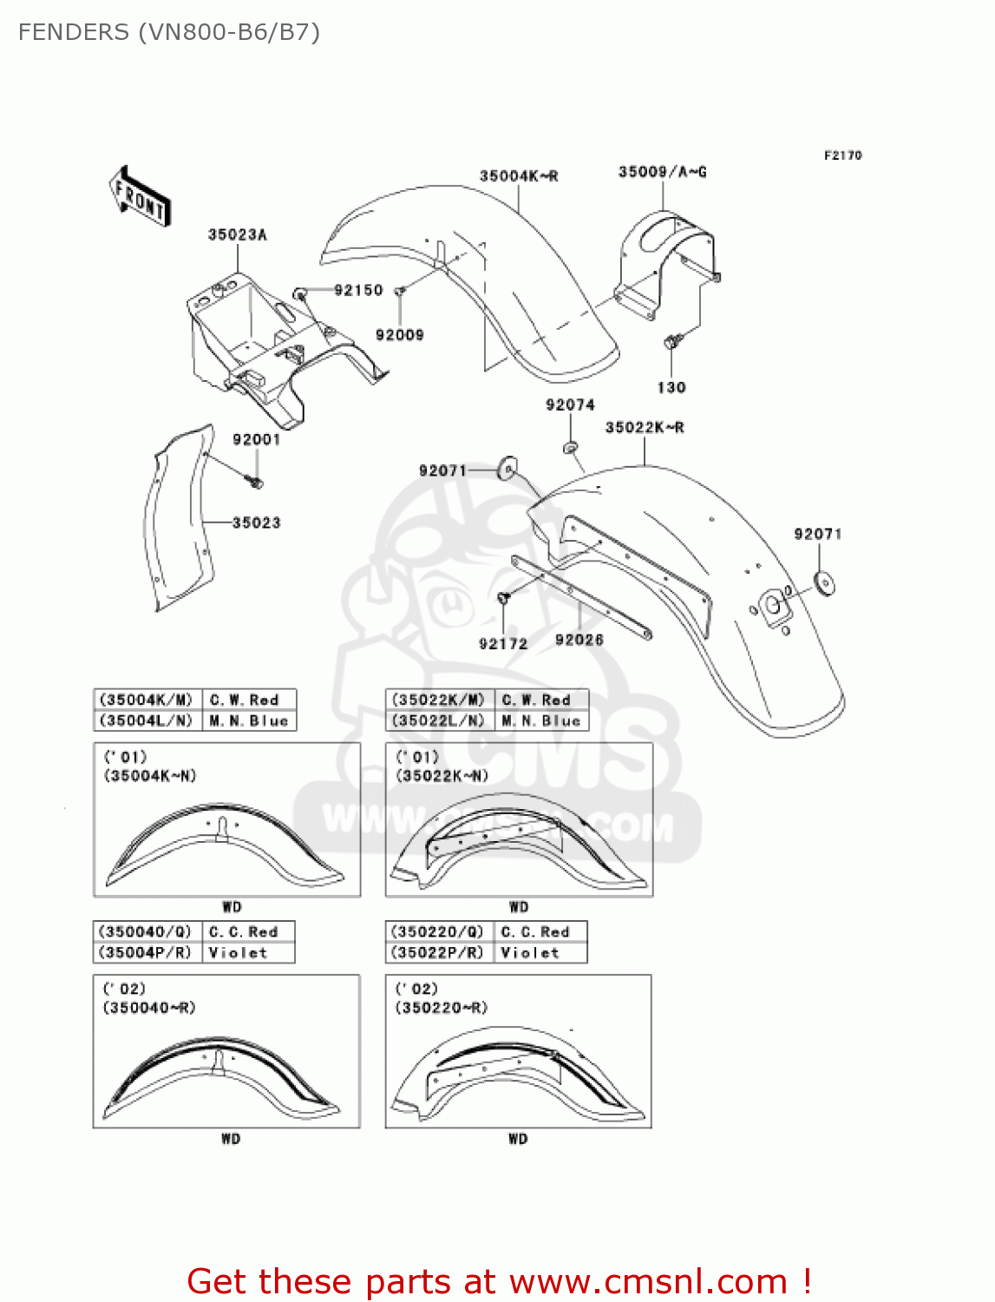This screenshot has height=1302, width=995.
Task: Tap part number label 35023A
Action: pyautogui.click(x=237, y=235)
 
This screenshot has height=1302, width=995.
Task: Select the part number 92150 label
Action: pyautogui.click(x=358, y=291)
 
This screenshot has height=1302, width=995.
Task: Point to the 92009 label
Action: pyautogui.click(x=399, y=335)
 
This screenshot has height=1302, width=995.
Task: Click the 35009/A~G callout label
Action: pyautogui.click(x=662, y=173)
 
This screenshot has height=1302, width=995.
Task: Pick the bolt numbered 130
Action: pyautogui.click(x=671, y=344)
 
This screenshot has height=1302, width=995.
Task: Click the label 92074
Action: pyautogui.click(x=570, y=405)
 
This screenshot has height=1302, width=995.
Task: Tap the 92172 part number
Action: pyautogui.click(x=502, y=644)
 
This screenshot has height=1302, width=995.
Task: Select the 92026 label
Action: pyautogui.click(x=579, y=641)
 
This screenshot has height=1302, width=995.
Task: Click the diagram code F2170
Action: pyautogui.click(x=842, y=155)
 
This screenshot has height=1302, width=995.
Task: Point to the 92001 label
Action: pyautogui.click(x=256, y=440)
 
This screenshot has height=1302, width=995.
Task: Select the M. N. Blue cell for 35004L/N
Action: pyautogui.click(x=249, y=721)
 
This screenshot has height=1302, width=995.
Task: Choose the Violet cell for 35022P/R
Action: pyautogui.click(x=530, y=953)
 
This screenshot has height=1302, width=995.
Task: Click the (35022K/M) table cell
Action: pyautogui.click(x=438, y=700)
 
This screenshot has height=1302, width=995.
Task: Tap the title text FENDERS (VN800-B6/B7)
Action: pyautogui.click(x=169, y=33)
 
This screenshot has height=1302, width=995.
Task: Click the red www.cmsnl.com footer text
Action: pyautogui.click(x=499, y=1281)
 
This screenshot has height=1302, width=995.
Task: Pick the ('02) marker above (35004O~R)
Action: pyautogui.click(x=125, y=990)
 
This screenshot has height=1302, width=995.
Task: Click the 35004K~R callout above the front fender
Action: pyautogui.click(x=519, y=177)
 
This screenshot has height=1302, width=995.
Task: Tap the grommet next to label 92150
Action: pyautogui.click(x=300, y=293)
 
